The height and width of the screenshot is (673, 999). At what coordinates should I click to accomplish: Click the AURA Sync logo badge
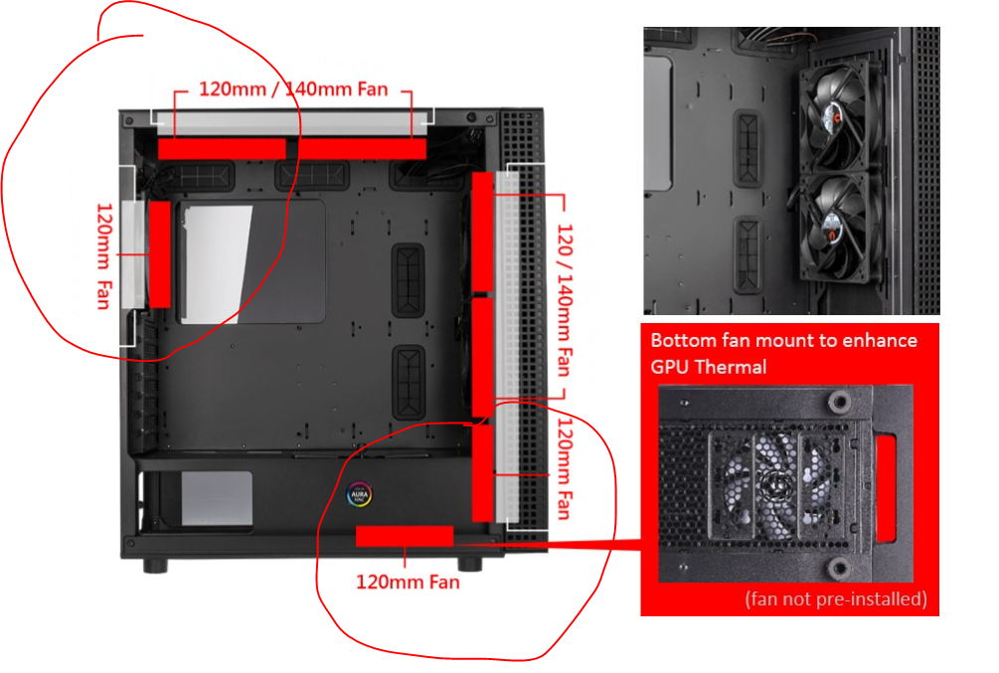(359, 494)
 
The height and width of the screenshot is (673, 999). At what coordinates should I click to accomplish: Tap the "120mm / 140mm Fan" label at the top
(293, 89)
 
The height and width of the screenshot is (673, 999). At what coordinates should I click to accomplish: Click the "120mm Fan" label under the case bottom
(408, 582)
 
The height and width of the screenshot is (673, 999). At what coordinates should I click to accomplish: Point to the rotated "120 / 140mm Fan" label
(565, 300)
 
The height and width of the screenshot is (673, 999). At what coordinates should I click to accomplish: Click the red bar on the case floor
(405, 536)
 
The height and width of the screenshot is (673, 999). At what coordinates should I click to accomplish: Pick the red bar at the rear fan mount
(159, 254)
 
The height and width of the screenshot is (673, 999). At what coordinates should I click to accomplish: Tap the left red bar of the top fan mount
(222, 148)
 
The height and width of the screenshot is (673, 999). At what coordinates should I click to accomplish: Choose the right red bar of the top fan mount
(361, 148)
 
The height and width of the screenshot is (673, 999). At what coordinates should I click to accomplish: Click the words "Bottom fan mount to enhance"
(783, 340)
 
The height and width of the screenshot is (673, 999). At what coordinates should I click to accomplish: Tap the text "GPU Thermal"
(709, 367)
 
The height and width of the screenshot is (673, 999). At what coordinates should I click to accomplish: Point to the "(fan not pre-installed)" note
(836, 599)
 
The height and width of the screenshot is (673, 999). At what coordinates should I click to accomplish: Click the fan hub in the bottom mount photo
(775, 486)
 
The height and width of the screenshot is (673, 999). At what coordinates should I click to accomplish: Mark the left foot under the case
(155, 566)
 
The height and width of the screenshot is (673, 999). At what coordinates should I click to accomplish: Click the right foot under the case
(470, 564)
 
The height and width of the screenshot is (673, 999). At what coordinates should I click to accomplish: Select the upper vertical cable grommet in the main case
(408, 280)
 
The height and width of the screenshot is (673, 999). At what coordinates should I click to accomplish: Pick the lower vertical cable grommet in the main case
(409, 382)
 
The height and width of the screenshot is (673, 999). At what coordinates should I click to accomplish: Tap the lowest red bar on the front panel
(482, 473)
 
